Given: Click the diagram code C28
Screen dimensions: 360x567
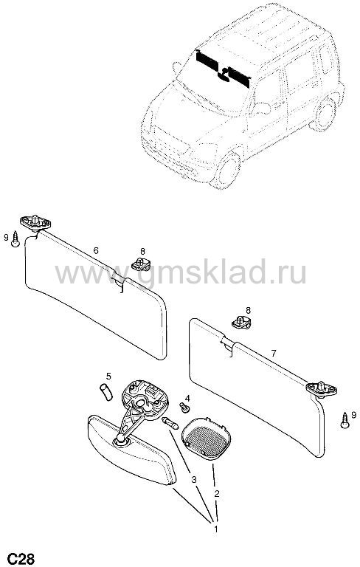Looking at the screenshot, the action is (21, 558).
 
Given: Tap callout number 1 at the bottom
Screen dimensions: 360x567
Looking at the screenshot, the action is (216, 529).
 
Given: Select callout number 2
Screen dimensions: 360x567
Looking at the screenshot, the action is (217, 494).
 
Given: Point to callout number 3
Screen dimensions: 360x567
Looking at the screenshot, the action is (194, 479).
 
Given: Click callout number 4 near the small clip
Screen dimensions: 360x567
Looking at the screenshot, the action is (187, 398).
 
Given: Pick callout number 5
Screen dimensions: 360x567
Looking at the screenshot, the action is (108, 377).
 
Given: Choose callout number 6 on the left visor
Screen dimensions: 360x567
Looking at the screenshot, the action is (96, 250).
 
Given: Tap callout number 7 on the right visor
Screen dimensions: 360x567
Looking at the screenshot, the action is (273, 353).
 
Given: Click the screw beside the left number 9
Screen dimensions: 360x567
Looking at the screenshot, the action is (15, 239).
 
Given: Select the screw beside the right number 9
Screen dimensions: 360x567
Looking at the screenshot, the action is (345, 421).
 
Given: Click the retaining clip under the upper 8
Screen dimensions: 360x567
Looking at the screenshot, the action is (139, 264).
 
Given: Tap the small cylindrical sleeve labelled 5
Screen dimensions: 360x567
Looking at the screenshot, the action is (106, 392).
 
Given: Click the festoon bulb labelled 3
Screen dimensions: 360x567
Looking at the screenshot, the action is (170, 423).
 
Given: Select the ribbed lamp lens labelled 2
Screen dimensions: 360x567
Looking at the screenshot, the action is (206, 438).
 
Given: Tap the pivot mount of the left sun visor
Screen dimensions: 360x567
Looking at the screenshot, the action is (35, 222).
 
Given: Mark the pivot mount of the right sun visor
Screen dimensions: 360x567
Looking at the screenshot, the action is (322, 389).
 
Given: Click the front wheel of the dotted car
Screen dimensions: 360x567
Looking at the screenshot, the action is (227, 169).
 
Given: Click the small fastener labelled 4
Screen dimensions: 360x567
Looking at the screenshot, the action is (185, 408).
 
